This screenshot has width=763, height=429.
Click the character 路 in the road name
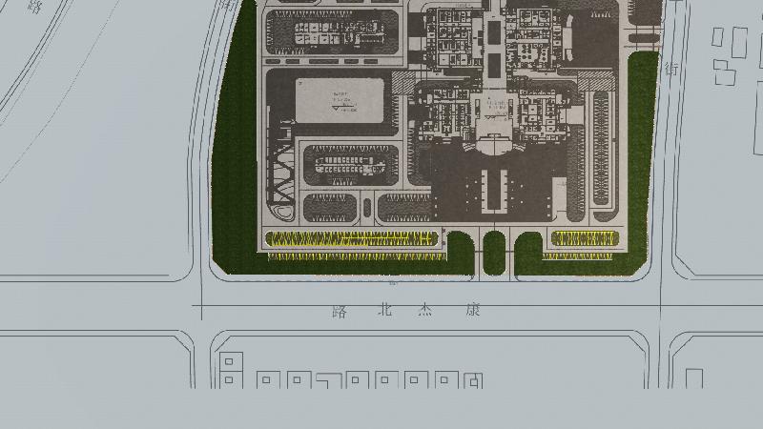(x=340, y=311)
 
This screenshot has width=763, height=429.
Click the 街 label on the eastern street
(x=671, y=70)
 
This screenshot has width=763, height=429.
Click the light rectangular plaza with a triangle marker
(x=340, y=98)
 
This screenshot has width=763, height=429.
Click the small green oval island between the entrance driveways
(x=493, y=252)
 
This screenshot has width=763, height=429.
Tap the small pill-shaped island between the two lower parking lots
(x=367, y=206)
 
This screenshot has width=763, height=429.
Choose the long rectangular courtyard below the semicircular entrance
(x=493, y=189)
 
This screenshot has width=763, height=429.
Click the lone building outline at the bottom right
(x=694, y=378)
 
